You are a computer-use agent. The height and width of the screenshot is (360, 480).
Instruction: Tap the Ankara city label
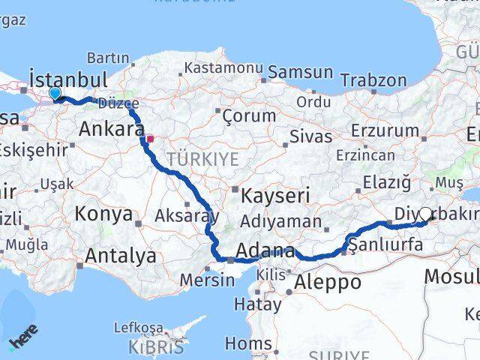111,129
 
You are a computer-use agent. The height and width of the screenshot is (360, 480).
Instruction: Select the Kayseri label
275,196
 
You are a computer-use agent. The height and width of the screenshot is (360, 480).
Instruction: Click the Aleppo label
328,283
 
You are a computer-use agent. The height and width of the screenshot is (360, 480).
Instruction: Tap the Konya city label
103,214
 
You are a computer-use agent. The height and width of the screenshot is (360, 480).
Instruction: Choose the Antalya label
120,256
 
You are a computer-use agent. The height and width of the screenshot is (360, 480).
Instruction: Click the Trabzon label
369,80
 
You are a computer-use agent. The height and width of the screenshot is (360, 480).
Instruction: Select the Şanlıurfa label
379,244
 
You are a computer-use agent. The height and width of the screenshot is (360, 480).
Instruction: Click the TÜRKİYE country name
202,159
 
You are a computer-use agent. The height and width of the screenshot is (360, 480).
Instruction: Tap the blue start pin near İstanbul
55,93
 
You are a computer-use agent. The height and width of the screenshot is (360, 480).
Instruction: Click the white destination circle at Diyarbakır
426,214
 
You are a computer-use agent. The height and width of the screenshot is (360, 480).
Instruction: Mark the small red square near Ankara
150,138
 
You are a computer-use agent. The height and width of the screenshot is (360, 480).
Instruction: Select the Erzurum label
389,130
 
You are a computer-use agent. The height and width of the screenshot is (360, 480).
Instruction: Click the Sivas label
310,137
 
